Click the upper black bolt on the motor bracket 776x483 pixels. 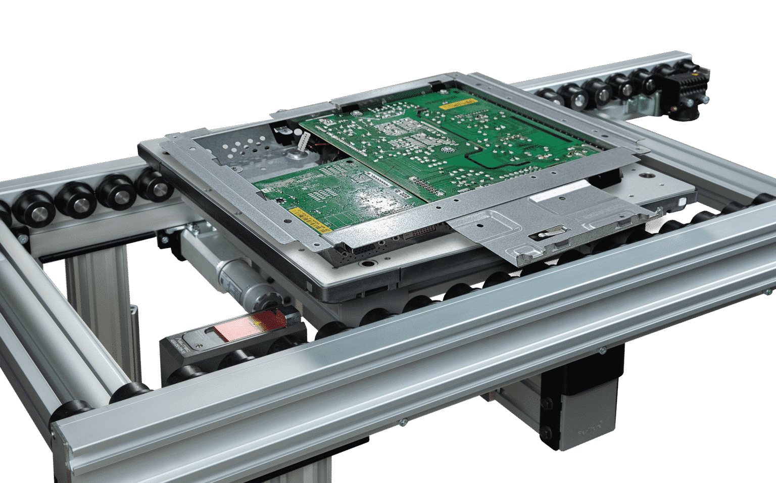[x=547, y=403]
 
